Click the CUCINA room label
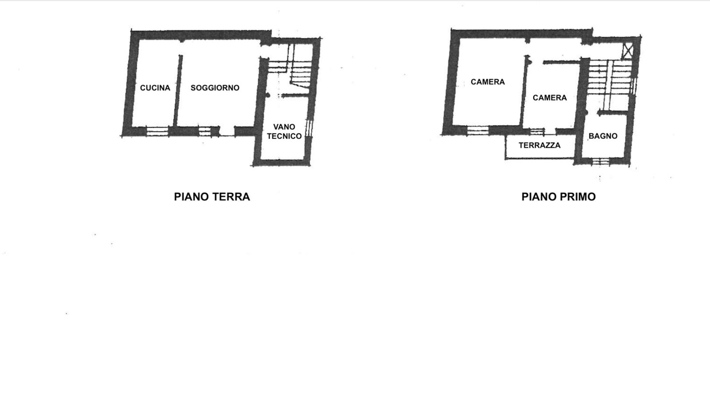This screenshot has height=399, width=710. coord(155,88)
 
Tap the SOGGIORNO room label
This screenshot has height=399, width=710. coord(215,88)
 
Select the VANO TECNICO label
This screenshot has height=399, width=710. coord(284,131)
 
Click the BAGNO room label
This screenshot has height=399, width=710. coord(603,136)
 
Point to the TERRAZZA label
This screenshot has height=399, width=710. coord(540,145)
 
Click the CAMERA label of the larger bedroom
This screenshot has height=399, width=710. coord(488,82)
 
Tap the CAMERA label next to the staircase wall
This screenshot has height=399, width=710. coord(550,98)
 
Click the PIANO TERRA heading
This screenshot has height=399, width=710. coord(212,197)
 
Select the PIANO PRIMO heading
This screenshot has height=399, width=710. coord(559,197)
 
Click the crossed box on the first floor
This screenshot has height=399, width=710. coord(627,51)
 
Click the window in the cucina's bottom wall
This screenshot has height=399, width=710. coord(157,131)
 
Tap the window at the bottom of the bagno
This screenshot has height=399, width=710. coord(601,161)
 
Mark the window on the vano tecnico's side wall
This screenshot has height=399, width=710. coord(309,128)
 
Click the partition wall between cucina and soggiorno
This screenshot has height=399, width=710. coord(177,90)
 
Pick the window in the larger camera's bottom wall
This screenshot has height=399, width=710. coord(478,130)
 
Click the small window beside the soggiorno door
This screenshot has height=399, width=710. coord(205,131)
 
